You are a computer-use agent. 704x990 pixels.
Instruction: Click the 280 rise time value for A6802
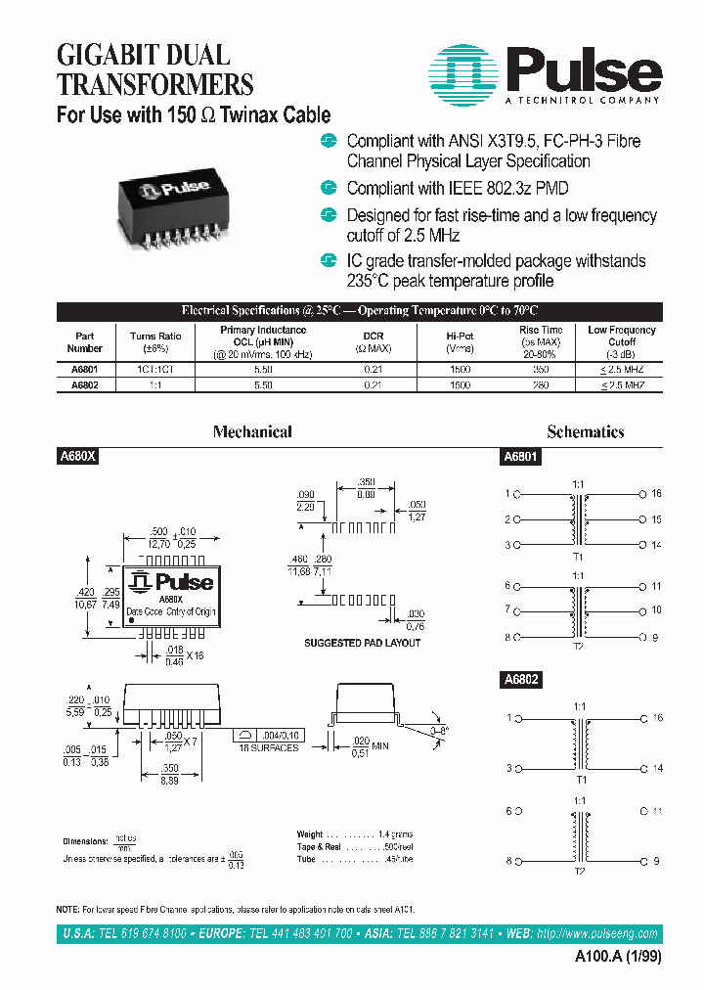coord(541,385)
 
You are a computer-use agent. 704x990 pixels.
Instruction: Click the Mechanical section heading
coord(252,431)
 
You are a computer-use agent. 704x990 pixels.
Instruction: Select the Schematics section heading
coord(586,431)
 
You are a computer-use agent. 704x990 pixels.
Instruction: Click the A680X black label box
coord(77,456)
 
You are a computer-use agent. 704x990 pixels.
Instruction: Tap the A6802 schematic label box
coord(521,678)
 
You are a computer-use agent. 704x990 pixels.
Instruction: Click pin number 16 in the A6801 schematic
coord(656,494)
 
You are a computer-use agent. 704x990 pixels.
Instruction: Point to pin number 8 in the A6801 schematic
coord(507,637)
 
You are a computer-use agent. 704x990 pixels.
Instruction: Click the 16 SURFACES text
coord(268,747)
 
